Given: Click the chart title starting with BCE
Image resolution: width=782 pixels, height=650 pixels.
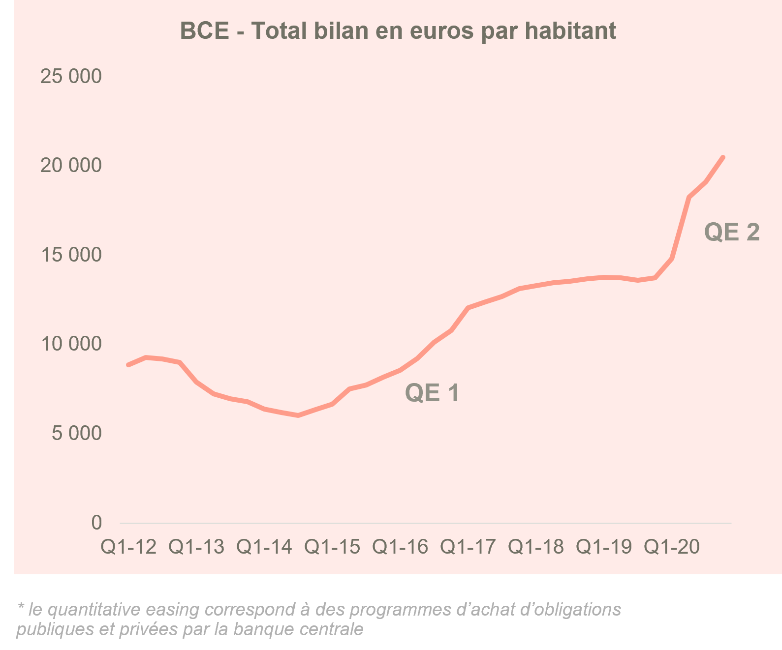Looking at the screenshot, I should tap(398, 30).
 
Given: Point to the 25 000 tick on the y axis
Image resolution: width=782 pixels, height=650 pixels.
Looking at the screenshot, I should tap(71, 77).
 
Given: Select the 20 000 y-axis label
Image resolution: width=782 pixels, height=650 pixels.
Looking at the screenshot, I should tap(71, 166).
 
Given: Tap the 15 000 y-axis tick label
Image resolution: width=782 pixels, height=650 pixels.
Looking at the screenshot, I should tap(71, 255).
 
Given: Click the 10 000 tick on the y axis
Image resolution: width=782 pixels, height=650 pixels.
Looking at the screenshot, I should tap(71, 344).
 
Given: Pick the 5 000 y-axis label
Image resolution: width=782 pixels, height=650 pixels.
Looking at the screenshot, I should tap(77, 434).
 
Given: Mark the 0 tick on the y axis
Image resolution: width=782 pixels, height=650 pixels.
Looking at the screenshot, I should tap(96, 523).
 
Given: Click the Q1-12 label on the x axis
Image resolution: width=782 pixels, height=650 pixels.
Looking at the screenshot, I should tap(128, 547).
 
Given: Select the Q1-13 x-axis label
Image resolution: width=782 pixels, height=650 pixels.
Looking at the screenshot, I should tap(196, 547).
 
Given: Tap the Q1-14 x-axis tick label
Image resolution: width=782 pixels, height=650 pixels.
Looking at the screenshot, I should tap(264, 547).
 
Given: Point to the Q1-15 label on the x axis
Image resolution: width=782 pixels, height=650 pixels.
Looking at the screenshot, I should tap(332, 547).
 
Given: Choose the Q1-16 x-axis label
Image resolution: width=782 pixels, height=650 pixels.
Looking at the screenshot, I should tap(400, 547).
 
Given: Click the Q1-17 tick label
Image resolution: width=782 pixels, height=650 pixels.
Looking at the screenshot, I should tap(468, 547).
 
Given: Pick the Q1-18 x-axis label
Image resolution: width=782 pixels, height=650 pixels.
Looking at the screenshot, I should tap(536, 547).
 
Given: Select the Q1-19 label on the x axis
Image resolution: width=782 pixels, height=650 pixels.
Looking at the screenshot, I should tap(604, 547).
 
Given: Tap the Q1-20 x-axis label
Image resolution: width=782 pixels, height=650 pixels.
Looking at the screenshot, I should tap(672, 547).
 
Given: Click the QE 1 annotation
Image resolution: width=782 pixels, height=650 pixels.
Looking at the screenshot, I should tap(432, 393).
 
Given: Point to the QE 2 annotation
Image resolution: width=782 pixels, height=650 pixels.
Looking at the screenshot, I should tap(732, 232).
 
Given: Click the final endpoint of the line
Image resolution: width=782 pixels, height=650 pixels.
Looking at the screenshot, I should tap(723, 157).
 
